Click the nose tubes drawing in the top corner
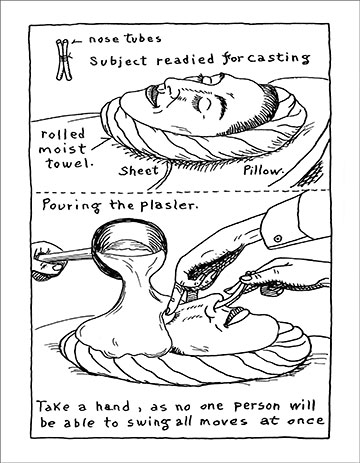pos(64,60)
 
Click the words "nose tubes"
pos(125,39)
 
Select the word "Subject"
pos(118,60)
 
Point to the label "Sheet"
pos(139,171)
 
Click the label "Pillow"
pos(263,170)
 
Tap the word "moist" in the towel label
pos(62,149)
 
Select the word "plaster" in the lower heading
pos(168,206)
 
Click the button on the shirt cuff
pos(278,238)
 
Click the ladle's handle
pos(63,255)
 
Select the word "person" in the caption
pos(257,406)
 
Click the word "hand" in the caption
pos(113,406)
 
